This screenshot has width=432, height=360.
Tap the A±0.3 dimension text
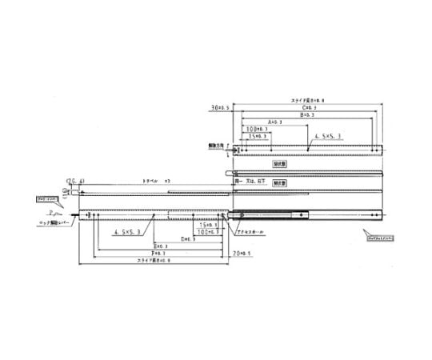tap(278, 122)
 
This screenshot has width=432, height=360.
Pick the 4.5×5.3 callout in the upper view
tap(327, 137)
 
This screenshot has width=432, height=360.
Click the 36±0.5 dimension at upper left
tap(218, 106)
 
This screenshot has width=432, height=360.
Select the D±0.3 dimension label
tap(188, 238)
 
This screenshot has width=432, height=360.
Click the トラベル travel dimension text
tap(152, 182)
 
